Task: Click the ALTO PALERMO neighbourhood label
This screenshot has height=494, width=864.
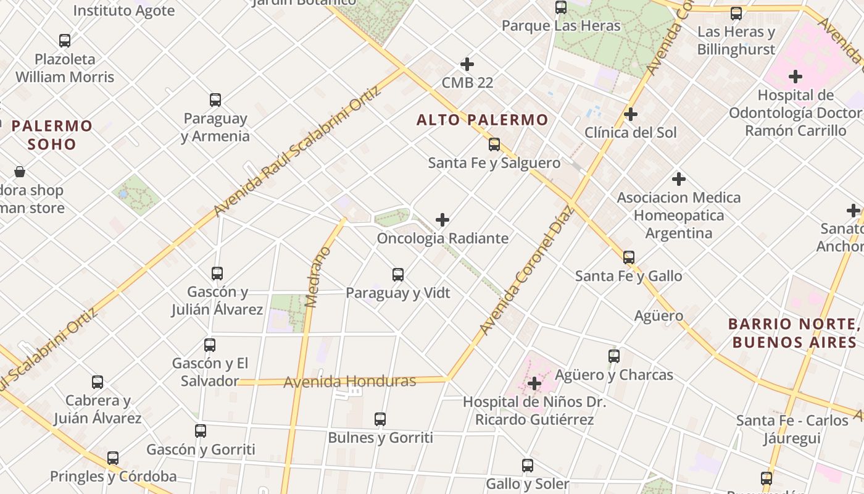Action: point(482,120)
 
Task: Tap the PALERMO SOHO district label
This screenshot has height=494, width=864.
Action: point(52,135)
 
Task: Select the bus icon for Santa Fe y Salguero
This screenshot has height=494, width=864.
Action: point(494,144)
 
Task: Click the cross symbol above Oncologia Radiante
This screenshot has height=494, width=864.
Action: point(442,220)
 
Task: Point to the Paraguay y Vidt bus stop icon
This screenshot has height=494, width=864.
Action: point(398,274)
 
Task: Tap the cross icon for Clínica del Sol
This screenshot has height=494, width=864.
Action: point(631,114)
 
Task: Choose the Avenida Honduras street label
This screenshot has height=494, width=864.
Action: point(349,382)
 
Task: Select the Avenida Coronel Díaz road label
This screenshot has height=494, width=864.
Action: point(527,270)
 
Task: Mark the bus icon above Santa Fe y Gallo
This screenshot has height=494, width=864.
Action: point(629,257)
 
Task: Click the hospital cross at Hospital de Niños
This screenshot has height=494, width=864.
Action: point(534,384)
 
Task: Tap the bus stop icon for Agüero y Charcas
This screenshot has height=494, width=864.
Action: point(613,356)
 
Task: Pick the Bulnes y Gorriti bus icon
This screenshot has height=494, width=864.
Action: point(380,419)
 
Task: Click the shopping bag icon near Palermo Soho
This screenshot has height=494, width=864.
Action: point(20,172)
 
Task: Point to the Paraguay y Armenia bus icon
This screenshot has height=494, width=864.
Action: point(215,99)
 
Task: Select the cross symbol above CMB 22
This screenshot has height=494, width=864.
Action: point(467,64)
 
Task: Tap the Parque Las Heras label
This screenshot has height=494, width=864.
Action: point(560,26)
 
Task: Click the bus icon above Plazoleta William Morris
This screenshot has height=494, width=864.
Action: point(65,41)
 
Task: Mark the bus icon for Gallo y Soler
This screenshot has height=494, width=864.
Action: point(528,466)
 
